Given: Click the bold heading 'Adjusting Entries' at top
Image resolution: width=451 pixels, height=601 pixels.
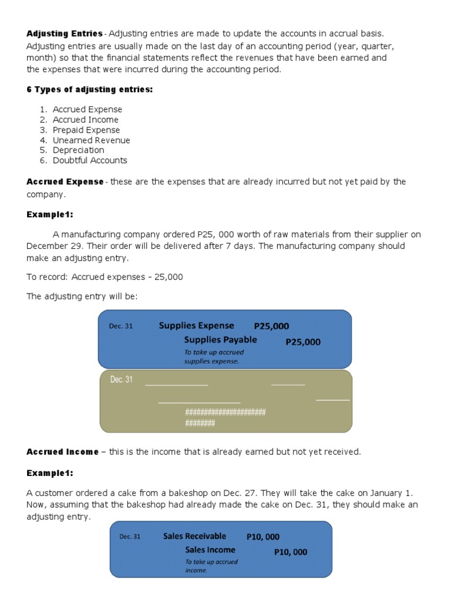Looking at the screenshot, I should click(x=65, y=33).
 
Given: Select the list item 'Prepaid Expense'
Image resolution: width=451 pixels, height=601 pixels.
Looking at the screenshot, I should click(x=86, y=130).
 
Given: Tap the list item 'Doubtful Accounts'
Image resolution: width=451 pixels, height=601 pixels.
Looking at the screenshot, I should click(x=89, y=160).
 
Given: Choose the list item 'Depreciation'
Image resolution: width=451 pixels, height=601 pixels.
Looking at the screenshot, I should click(x=78, y=150).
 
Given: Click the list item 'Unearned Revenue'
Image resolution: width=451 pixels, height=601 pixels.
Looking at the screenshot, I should click(x=91, y=140).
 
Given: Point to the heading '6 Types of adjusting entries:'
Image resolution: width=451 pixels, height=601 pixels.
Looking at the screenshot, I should click(x=89, y=89).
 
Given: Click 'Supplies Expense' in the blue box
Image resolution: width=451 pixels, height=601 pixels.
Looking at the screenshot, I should click(x=196, y=326).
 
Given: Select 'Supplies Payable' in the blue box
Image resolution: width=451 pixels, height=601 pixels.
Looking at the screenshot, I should click(x=220, y=340).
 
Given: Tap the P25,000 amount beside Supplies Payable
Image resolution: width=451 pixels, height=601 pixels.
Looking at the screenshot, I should click(x=303, y=342).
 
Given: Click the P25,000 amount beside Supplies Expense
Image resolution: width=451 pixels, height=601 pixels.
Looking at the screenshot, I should click(x=271, y=326).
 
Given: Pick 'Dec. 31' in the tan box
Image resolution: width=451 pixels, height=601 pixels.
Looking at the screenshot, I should click(x=122, y=380).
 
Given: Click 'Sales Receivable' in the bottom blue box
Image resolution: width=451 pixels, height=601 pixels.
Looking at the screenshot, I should click(x=194, y=536).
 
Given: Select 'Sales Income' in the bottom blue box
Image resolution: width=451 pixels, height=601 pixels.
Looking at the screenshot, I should click(x=210, y=550).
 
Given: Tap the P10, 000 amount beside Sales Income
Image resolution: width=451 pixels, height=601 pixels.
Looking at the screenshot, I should click(x=291, y=552).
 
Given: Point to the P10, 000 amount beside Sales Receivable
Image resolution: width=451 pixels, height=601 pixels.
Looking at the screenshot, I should click(x=263, y=536).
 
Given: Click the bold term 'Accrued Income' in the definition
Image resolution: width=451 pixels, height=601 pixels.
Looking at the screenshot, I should click(x=63, y=452).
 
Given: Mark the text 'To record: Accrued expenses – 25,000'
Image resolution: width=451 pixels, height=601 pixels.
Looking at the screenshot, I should click(x=105, y=277).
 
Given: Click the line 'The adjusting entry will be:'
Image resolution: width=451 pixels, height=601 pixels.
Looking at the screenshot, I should click(x=82, y=296).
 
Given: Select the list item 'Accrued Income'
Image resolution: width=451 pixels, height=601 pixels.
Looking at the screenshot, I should click(x=85, y=120).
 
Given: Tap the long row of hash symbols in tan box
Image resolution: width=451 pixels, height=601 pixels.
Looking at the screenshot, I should click(x=225, y=412).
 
